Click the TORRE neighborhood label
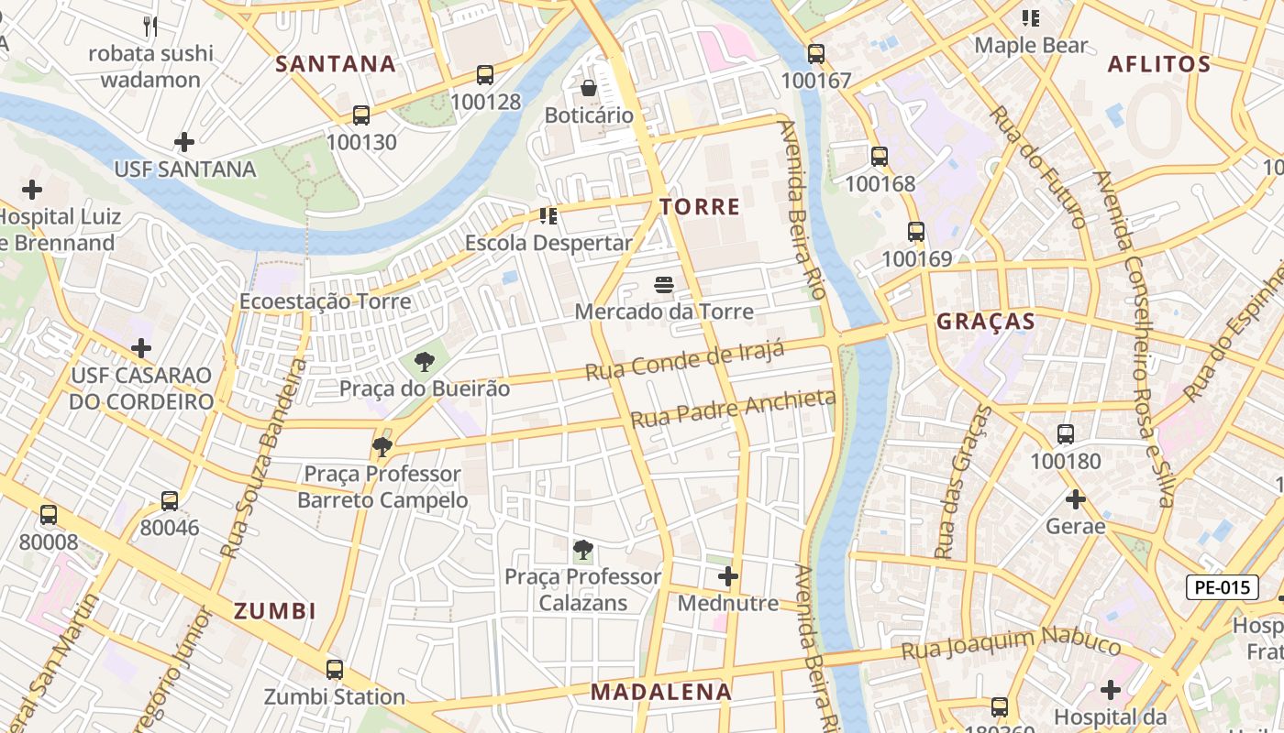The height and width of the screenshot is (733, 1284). pos(700,207)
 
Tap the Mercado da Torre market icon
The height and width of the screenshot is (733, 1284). pos(664,285)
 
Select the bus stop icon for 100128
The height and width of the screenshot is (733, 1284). pos(484,75)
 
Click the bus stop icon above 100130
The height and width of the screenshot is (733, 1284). pos(361,115)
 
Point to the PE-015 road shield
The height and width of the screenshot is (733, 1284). pos(1222,587)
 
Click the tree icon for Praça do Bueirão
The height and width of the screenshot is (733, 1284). pos(424,362)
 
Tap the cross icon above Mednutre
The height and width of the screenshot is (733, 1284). pos(728,576)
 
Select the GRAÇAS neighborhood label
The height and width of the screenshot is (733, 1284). pos(985,322)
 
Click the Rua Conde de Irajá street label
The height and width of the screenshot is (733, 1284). pos(685,360)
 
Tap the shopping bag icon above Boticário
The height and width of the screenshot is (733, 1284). pos(589,88)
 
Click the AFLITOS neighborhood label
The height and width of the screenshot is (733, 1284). pos(1159,64)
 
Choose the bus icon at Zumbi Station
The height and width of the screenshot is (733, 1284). pos(335,669)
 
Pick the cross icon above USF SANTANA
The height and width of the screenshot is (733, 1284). pos(184,142)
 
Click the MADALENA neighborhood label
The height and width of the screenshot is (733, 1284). pos(661,692)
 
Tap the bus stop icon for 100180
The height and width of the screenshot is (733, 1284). pos(1065,434)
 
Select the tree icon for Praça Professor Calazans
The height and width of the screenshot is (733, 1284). pos(582,550)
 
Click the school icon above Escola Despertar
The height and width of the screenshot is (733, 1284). pos(548,216)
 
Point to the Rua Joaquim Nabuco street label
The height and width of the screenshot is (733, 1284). pos(1010,644)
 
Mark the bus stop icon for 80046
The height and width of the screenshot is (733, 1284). pos(170,501)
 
